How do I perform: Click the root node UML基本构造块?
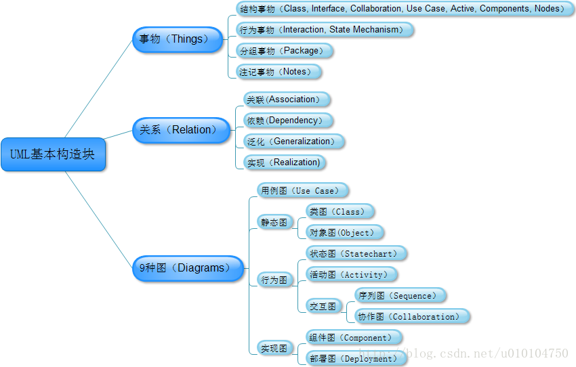click(x=53, y=154)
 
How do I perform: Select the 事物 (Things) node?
click(x=177, y=39)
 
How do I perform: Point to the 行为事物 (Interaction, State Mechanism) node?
click(x=324, y=30)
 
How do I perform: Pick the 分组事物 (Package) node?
click(x=285, y=51)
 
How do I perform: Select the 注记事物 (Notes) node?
click(x=277, y=72)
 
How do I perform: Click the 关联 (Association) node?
click(x=286, y=100)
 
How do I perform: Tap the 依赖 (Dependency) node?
click(x=287, y=121)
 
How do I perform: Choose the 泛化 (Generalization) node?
click(x=293, y=142)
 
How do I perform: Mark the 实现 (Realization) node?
click(x=284, y=163)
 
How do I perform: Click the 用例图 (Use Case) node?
click(x=302, y=191)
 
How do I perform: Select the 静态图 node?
click(x=274, y=222)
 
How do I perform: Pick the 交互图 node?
click(x=323, y=306)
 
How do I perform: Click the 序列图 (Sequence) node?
click(x=400, y=296)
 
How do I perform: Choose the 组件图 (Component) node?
click(x=353, y=338)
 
